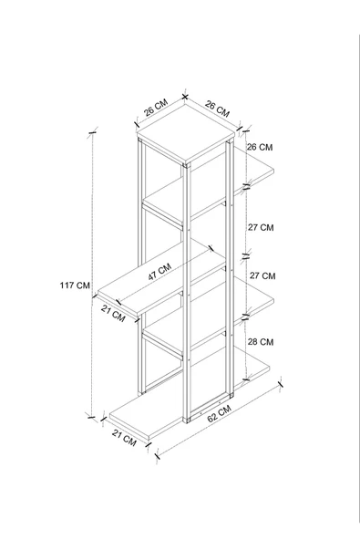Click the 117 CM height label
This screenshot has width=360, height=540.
[75, 286]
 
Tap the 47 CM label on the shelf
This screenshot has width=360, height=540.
[159, 272]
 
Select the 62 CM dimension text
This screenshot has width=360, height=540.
[220, 413]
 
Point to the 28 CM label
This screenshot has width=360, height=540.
[261, 342]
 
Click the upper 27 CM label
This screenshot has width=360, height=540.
[261, 228]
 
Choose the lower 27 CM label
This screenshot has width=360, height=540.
[262, 275]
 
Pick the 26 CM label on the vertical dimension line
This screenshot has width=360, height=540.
[260, 147]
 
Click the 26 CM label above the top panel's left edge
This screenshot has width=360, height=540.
[156, 108]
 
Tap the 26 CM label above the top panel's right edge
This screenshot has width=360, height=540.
[217, 109]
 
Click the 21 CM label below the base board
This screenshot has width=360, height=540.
[124, 438]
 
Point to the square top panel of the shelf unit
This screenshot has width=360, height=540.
[186, 133]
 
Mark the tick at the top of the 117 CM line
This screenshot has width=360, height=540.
[93, 132]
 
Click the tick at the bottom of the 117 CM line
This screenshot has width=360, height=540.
[91, 417]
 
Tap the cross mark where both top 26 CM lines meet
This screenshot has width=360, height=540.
[185, 97]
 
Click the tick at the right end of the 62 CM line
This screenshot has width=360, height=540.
[281, 383]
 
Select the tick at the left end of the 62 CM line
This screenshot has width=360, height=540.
[158, 456]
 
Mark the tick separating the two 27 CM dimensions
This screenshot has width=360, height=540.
[246, 256]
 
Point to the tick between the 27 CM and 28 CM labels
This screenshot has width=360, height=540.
[246, 317]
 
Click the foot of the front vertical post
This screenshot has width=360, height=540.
[187, 421]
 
